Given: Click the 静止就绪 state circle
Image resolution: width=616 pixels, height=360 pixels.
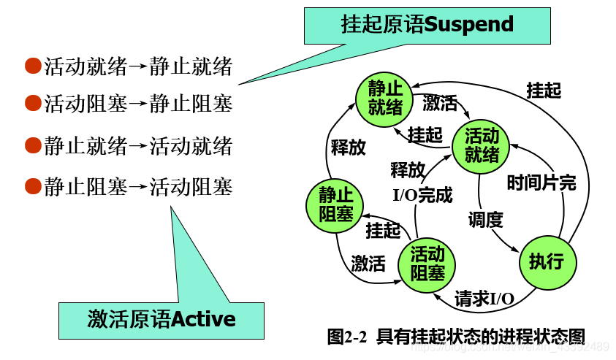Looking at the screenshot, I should pos(385,98).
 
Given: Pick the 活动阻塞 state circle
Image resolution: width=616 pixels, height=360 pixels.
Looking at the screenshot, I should pos(427,264).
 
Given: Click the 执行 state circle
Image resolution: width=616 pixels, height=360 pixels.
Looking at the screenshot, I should pos(547,261).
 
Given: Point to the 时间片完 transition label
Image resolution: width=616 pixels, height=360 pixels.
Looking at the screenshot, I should pos(541,183).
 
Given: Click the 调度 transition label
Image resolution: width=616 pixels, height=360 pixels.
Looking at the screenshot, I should pos(486,218).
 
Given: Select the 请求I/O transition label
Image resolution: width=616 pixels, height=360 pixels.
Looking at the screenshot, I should pos(484,299).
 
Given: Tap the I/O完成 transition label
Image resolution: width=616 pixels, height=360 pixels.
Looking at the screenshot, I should pos(423,196).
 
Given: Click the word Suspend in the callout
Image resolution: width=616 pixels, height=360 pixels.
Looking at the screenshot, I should pos(469,25).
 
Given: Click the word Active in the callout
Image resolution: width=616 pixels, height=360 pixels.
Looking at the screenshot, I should pos(203,319).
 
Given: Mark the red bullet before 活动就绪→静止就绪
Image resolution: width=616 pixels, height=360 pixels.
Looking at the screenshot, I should pos(32,67).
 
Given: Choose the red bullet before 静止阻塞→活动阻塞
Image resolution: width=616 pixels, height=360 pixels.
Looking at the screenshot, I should pos(32,187).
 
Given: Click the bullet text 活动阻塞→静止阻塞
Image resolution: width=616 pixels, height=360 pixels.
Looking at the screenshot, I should pos(138,104).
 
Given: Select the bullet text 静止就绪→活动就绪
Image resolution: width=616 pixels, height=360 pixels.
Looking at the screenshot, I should pos(138,146).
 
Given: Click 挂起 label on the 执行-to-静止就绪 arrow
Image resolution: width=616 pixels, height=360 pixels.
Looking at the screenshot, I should pos(544,90).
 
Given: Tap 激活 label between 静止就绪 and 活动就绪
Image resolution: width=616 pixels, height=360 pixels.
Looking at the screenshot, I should pos(440,103).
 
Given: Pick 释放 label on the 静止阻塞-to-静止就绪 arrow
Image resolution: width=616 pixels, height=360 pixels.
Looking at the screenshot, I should pos(349,148).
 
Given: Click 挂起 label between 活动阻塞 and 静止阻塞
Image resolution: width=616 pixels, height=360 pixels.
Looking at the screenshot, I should pos(384,230).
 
